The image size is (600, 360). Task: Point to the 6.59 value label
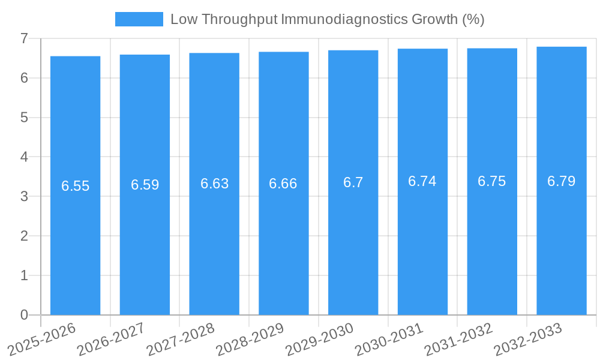tap(145, 185)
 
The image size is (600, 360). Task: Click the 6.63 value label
tap(215, 184)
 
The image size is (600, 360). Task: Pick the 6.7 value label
tap(353, 182)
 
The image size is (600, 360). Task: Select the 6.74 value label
tap(422, 181)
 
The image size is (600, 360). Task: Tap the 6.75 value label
tap(492, 181)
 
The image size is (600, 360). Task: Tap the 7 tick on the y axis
tap(24, 38)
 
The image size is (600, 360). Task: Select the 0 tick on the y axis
tap(24, 315)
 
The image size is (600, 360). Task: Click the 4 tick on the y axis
tap(24, 157)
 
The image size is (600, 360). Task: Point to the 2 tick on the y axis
tap(24, 236)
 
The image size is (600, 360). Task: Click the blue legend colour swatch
tap(139, 19)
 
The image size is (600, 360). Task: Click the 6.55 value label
tap(76, 186)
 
